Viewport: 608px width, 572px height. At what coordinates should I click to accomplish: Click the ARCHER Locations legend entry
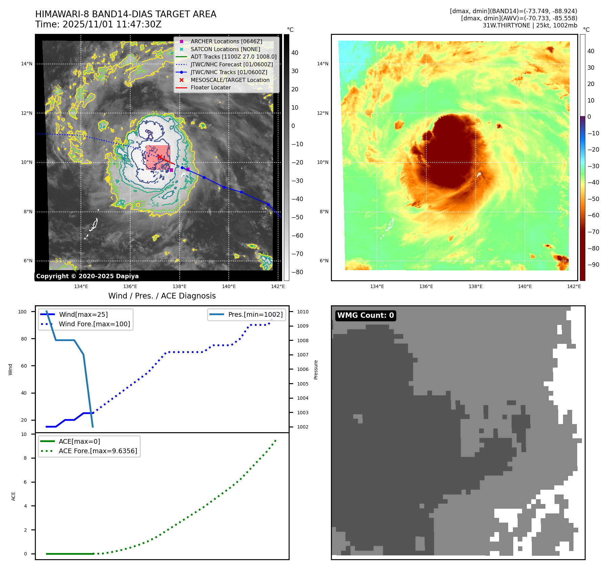[x=226, y=41]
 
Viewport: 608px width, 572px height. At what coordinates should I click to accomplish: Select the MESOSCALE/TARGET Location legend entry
[x=230, y=80]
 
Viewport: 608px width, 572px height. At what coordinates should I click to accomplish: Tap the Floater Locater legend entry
[x=210, y=87]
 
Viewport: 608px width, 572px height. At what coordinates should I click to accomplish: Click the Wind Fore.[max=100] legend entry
[x=94, y=324]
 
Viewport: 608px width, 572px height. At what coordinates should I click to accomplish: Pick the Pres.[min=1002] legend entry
[x=255, y=314]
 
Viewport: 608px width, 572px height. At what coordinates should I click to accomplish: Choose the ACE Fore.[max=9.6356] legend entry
[x=98, y=451]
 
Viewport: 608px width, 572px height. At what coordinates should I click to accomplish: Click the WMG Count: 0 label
[x=365, y=315]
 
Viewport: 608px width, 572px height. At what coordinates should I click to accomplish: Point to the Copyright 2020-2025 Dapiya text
[x=87, y=276]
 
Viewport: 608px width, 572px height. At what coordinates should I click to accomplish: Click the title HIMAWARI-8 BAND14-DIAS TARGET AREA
[x=126, y=14]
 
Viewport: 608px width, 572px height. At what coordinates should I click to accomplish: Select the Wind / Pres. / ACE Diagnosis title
[x=162, y=296]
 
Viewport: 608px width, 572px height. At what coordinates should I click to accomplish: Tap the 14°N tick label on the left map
[x=27, y=64]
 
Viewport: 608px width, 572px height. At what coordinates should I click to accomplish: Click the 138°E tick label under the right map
[x=475, y=286]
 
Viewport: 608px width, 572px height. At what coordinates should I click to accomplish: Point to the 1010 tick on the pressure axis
[x=302, y=312]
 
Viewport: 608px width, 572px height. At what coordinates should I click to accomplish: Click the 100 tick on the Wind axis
[x=22, y=312]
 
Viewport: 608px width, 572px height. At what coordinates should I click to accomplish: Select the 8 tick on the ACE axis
[x=25, y=458]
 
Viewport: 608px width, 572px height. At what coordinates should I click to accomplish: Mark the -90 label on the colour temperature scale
[x=593, y=265]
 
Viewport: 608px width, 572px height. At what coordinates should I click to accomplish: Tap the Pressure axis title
[x=316, y=370]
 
